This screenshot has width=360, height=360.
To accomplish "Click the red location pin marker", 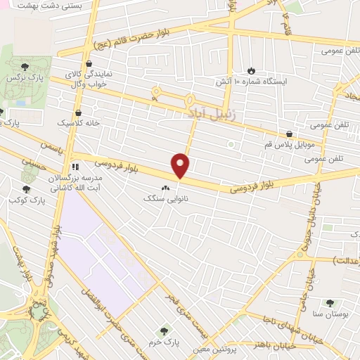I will [181, 166].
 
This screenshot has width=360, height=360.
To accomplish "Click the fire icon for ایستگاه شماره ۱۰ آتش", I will [252, 71].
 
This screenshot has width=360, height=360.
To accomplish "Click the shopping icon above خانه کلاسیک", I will [77, 111].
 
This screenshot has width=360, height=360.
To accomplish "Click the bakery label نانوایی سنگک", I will [162, 199].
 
